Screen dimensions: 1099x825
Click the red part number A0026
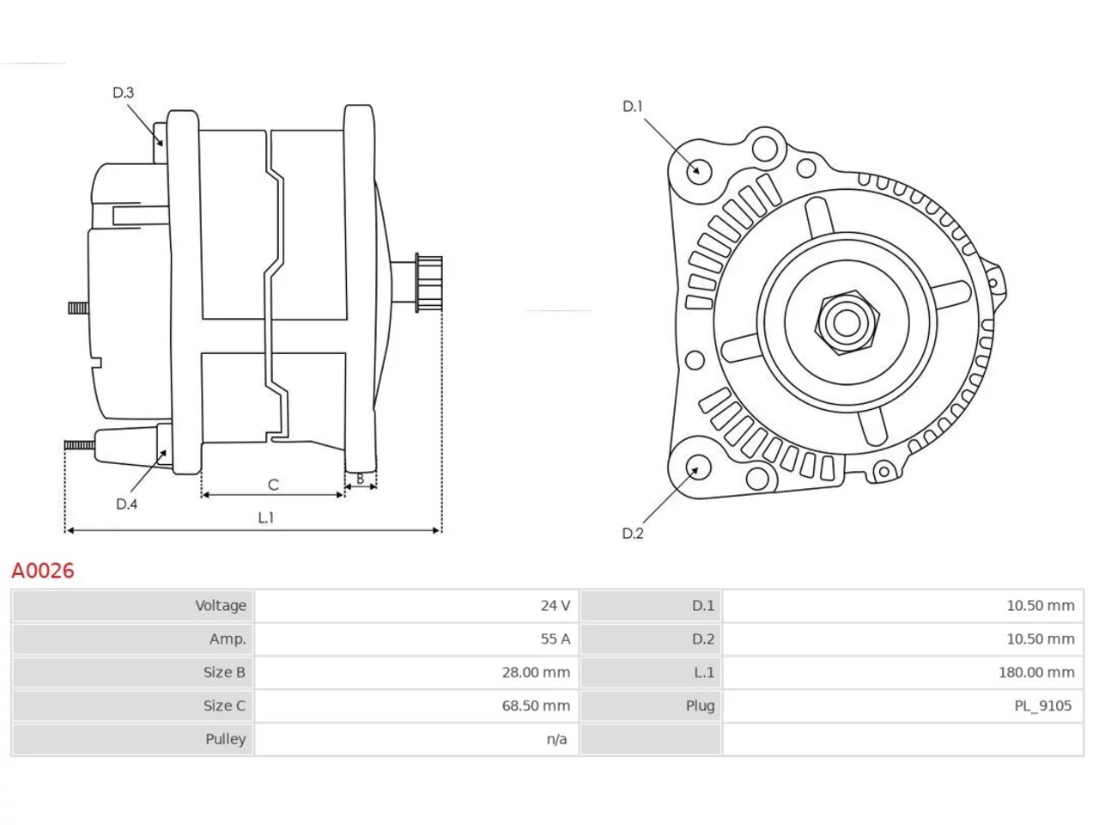tap(43, 571)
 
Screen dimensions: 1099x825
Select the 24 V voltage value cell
tap(555, 606)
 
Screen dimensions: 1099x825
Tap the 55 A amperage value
tap(555, 639)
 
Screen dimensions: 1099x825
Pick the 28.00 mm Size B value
tap(536, 672)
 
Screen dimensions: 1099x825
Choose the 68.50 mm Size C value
tap(536, 706)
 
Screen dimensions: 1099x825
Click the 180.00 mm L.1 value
tap(1036, 672)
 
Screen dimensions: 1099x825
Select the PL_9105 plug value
tap(1042, 706)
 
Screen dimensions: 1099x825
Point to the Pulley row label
tap(225, 739)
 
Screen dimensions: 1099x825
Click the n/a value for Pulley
tap(556, 739)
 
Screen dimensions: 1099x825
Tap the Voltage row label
tap(221, 606)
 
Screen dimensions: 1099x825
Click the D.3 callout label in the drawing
tap(123, 93)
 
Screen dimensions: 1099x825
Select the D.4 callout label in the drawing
tap(126, 504)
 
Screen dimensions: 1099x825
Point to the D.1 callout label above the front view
tap(632, 107)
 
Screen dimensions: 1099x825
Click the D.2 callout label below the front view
tap(633, 534)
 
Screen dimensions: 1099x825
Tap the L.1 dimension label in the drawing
tap(266, 517)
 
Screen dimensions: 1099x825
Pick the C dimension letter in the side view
tap(273, 485)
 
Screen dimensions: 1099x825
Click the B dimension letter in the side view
tap(360, 479)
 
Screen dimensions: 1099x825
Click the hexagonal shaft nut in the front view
tap(847, 322)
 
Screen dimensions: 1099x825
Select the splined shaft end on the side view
tap(428, 284)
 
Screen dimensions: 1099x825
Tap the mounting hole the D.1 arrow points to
tap(698, 171)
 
